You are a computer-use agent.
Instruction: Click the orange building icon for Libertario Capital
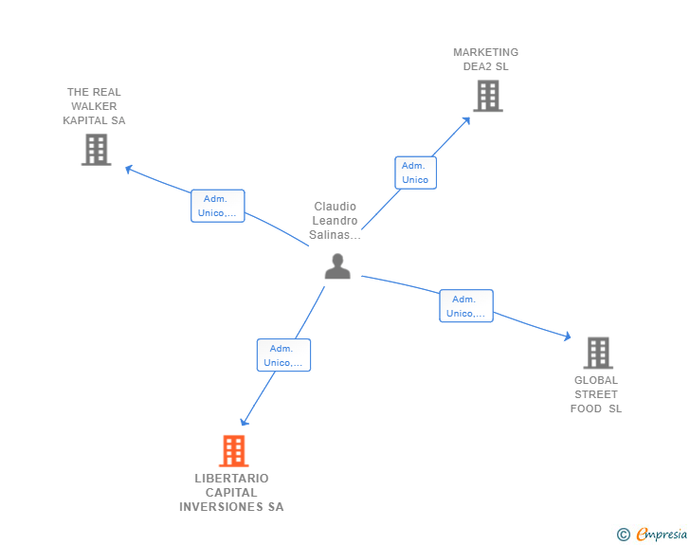click(234, 451)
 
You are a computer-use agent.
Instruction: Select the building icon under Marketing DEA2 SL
click(488, 96)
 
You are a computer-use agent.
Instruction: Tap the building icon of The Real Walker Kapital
click(97, 150)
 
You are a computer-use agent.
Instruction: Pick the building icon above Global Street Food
click(598, 353)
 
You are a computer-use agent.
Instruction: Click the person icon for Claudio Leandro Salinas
click(337, 266)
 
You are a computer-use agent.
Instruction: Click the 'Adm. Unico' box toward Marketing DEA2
click(415, 173)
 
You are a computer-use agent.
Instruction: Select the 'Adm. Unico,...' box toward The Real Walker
click(217, 206)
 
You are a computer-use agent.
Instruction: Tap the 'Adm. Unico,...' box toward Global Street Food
click(466, 306)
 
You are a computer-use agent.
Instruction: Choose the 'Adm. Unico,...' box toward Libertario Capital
click(283, 355)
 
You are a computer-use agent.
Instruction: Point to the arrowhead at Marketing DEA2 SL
click(466, 120)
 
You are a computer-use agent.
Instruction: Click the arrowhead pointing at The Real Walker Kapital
click(129, 169)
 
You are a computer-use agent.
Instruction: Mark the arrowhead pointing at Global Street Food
click(567, 336)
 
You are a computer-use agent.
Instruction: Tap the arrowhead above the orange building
click(245, 422)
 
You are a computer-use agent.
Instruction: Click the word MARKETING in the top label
click(486, 52)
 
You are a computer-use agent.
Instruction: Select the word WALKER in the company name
click(94, 106)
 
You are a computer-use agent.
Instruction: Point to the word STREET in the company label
click(596, 394)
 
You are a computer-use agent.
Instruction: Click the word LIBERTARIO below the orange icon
click(231, 479)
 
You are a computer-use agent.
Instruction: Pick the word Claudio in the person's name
click(336, 207)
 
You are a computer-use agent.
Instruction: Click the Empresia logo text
click(662, 534)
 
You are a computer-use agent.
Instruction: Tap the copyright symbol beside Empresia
click(624, 535)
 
